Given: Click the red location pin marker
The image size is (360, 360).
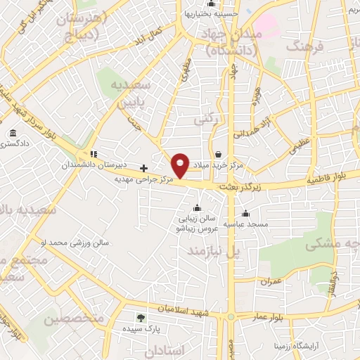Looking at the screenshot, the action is [x=181, y=165].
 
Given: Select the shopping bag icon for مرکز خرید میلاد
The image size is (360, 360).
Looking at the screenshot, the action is [x=218, y=154].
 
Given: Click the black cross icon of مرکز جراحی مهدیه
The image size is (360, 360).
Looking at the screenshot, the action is [x=144, y=168].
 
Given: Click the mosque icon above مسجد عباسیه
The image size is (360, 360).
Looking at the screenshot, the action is [x=245, y=213].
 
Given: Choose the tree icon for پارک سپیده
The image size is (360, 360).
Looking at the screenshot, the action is [x=140, y=318].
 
